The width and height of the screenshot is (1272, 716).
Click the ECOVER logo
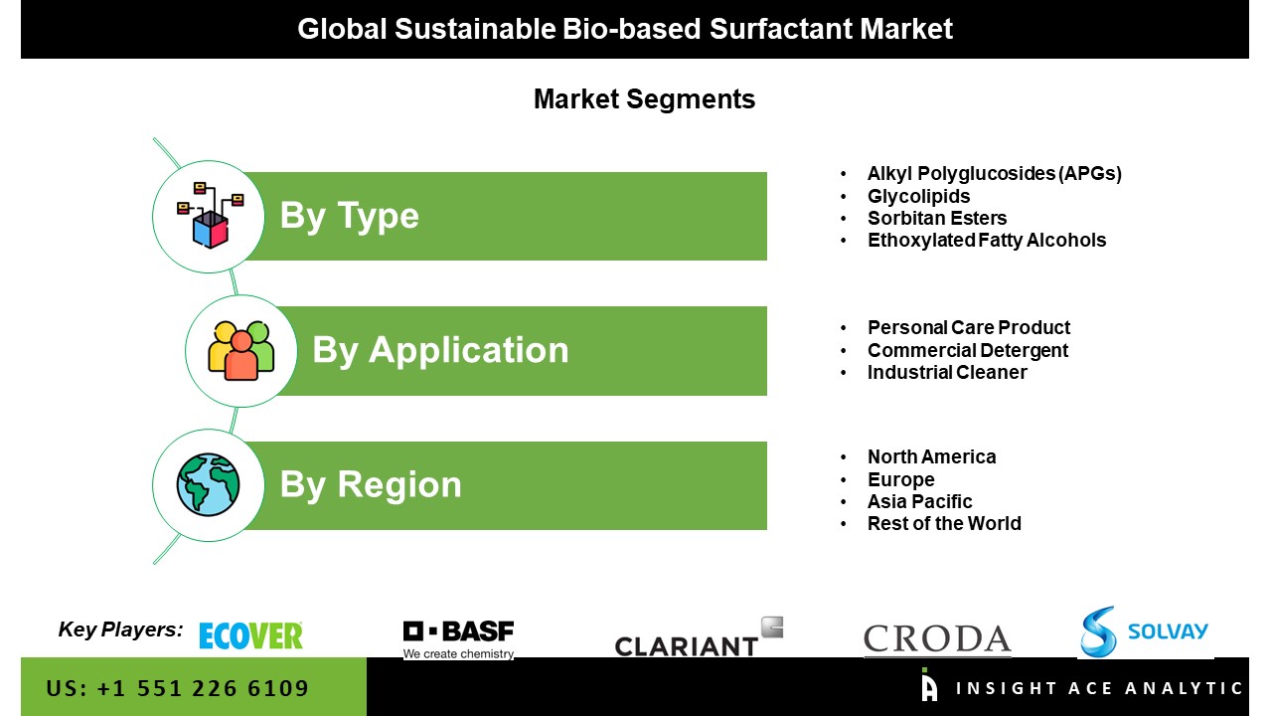click(250, 635)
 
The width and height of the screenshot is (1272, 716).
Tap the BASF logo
click(458, 639)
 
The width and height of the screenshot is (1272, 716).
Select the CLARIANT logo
click(699, 637)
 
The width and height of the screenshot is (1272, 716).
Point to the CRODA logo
click(937, 639)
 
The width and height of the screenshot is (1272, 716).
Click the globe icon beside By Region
click(208, 484)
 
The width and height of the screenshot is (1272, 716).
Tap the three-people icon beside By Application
click(240, 350)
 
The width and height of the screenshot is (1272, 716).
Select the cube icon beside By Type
click(210, 216)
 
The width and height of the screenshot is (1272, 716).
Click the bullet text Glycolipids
click(918, 196)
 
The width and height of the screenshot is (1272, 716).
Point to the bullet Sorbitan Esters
click(937, 218)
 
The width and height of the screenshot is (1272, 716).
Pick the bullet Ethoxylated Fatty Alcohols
click(987, 241)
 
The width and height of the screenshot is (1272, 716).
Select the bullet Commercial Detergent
click(968, 351)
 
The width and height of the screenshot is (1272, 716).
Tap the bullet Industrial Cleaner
click(947, 372)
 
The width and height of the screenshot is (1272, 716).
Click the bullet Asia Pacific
click(919, 502)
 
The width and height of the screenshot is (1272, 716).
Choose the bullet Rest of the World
click(944, 523)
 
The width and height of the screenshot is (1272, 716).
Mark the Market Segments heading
click(645, 99)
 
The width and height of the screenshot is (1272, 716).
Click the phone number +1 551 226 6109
click(203, 689)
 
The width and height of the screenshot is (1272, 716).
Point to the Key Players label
click(120, 629)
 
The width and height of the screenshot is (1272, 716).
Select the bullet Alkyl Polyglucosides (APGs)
click(995, 174)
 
